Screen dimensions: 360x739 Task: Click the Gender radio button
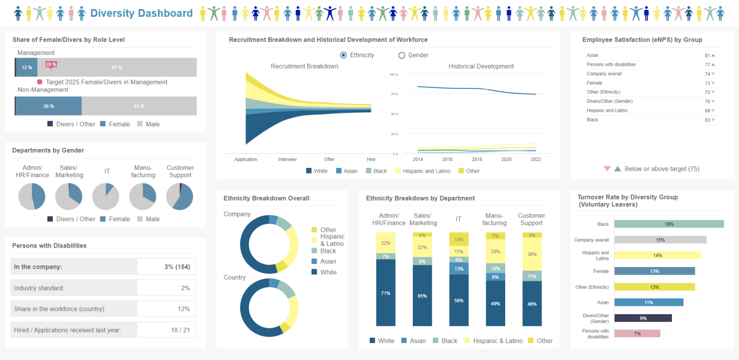click(x=402, y=55)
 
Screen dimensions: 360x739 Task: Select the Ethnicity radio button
click(x=344, y=55)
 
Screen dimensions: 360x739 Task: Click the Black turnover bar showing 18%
click(x=669, y=224)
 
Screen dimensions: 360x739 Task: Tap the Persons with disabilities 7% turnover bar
click(x=637, y=334)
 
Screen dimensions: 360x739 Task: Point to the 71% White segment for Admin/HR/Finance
click(x=385, y=293)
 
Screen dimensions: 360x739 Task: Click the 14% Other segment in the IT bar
click(x=459, y=239)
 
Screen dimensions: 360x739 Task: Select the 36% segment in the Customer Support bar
click(x=532, y=254)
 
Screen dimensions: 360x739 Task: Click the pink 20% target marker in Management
click(x=51, y=64)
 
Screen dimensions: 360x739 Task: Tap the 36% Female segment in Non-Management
click(x=49, y=106)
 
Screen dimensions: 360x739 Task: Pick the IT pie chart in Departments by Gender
click(x=106, y=196)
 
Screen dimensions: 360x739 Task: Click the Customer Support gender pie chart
click(x=179, y=196)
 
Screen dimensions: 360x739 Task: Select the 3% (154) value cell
click(x=166, y=267)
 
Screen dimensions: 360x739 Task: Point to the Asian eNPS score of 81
click(x=707, y=55)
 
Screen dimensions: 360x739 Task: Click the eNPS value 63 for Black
click(x=707, y=120)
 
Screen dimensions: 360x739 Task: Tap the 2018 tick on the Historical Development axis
click(x=477, y=159)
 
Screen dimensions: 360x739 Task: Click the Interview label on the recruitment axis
click(x=288, y=159)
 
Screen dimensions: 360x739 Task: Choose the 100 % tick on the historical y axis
click(x=393, y=74)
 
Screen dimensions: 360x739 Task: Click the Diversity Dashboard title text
click(x=141, y=13)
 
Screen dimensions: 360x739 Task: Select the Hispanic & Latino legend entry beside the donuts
click(x=331, y=240)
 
